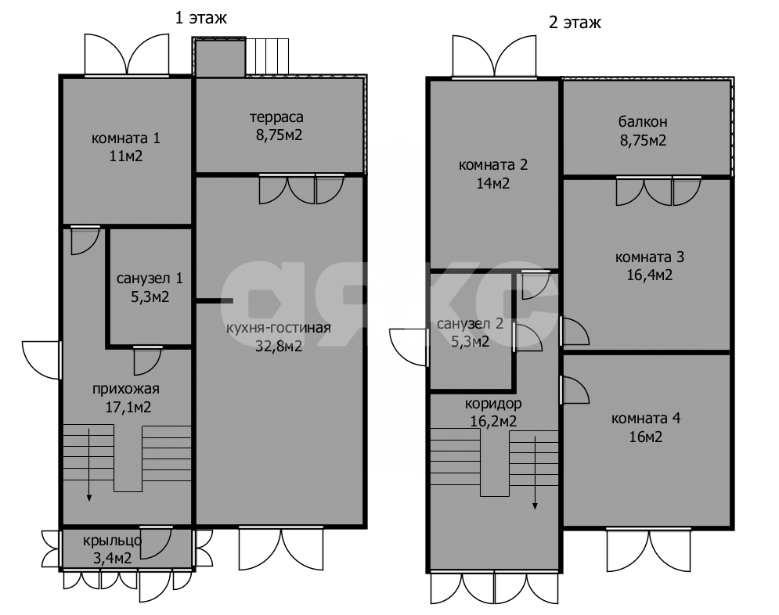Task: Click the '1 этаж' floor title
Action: [200, 18]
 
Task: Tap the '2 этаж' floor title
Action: [575, 23]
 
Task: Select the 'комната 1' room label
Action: [126, 138]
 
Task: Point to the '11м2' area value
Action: [126, 156]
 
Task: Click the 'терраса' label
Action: [276, 117]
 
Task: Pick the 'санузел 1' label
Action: [150, 279]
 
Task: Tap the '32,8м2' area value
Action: [279, 346]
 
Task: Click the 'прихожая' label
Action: [126, 389]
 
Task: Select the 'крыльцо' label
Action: [112, 541]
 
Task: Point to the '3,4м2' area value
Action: [112, 559]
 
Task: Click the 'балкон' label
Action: [643, 121]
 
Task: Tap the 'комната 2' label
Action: [492, 165]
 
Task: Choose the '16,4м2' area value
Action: [649, 275]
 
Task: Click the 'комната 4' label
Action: [646, 419]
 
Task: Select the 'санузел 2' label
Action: [470, 324]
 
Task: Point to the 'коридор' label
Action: [493, 404]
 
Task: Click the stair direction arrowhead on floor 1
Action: [89, 498]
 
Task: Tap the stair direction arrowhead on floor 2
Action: [535, 505]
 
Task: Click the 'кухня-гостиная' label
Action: [279, 328]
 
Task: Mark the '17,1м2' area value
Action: [128, 408]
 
